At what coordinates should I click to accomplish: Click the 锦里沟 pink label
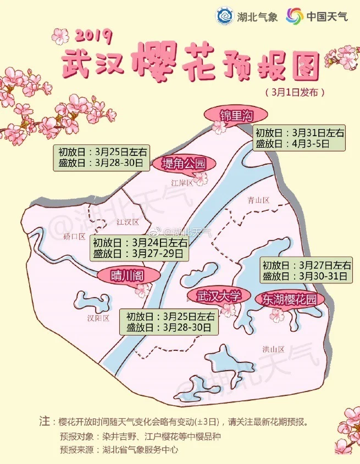(x=235, y=116)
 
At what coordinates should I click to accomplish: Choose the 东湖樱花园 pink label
(x=289, y=299)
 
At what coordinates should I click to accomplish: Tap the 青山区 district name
(x=258, y=200)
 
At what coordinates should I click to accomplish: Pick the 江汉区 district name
(x=128, y=221)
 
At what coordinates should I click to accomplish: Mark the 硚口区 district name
(x=74, y=237)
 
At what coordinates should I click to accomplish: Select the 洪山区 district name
(x=273, y=349)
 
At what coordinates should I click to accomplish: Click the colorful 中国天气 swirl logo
(x=295, y=16)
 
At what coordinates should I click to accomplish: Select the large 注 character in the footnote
(x=45, y=422)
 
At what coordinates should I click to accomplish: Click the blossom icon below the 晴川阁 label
(x=142, y=289)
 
